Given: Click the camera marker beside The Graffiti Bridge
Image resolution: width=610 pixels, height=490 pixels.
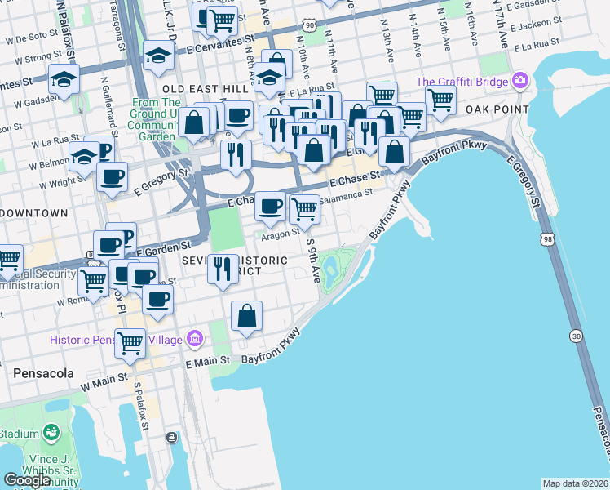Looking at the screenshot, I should (x=519, y=82).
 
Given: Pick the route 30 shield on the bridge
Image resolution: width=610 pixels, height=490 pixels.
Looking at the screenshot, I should (x=577, y=336).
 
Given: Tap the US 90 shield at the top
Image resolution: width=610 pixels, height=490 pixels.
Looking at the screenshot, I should (x=308, y=26).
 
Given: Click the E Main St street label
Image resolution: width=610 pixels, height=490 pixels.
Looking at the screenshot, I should (x=210, y=363).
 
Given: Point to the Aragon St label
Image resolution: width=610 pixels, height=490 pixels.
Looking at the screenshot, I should (x=276, y=234).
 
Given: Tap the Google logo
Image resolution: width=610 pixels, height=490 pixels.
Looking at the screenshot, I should (x=27, y=480).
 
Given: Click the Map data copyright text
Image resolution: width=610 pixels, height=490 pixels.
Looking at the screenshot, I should (x=575, y=483).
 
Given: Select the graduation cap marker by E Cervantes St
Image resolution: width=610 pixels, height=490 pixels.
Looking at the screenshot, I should (x=157, y=55).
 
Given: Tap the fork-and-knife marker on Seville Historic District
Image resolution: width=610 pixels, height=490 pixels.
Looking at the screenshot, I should (x=222, y=269).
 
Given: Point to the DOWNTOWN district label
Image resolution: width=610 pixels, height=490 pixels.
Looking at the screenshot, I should (x=34, y=213).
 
